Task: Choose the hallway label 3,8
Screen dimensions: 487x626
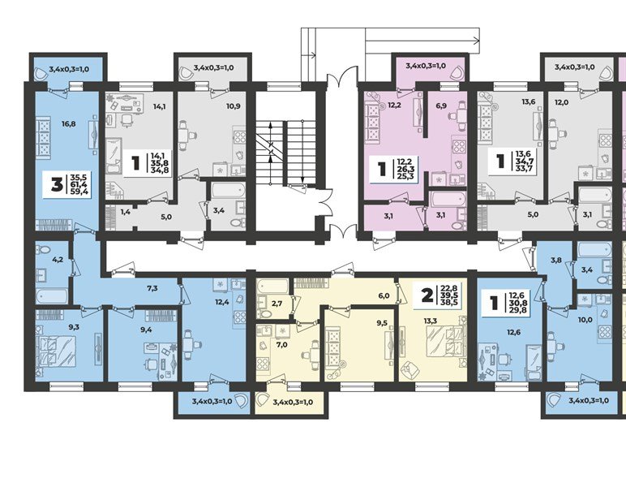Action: coord(555,260)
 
